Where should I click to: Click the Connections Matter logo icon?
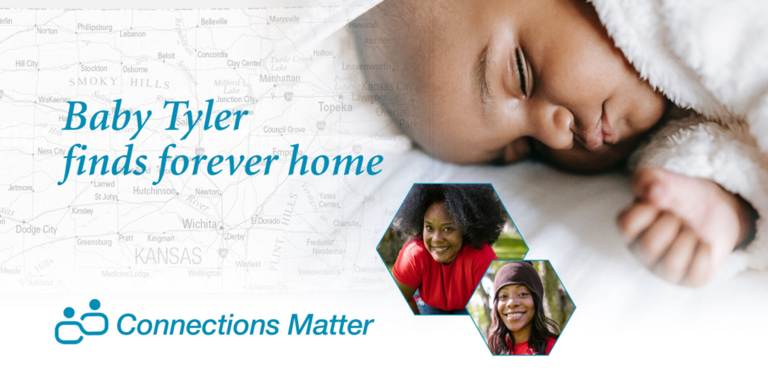pyautogui.click(x=81, y=321)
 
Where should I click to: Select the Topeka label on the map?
pyautogui.click(x=335, y=107)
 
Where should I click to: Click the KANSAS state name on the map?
pyautogui.click(x=168, y=256)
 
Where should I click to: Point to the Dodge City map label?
pyautogui.click(x=37, y=230)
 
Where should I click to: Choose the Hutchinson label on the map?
pyautogui.click(x=154, y=191)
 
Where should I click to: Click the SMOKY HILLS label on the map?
pyautogui.click(x=119, y=82)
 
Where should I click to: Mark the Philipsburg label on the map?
pyautogui.click(x=95, y=27)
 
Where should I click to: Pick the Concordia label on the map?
pyautogui.click(x=213, y=54)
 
